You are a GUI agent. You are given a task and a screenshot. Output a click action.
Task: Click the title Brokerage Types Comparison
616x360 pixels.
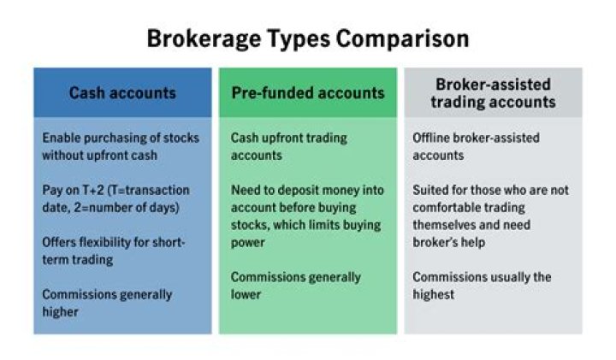point(307,38)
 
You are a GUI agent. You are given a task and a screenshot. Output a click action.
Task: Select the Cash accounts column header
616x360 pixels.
point(122,93)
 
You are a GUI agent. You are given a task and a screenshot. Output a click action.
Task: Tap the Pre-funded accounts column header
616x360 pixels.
point(308,93)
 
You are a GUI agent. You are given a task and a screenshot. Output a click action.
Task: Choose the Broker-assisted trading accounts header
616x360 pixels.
point(493,93)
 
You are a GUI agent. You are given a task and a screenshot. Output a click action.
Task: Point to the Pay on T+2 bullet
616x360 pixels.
point(115,198)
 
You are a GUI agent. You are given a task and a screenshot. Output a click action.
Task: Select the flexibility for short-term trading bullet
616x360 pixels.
point(113,251)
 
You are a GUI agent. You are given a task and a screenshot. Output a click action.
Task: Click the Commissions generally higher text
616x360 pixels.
point(107,303)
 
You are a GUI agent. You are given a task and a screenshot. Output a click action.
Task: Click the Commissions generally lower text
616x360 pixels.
point(296,286)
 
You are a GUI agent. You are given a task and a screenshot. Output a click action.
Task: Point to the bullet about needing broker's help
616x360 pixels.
point(490,215)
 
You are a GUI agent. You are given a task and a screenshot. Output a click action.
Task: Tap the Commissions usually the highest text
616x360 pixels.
point(482,286)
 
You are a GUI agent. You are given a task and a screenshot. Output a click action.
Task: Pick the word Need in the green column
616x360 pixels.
point(246,190)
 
